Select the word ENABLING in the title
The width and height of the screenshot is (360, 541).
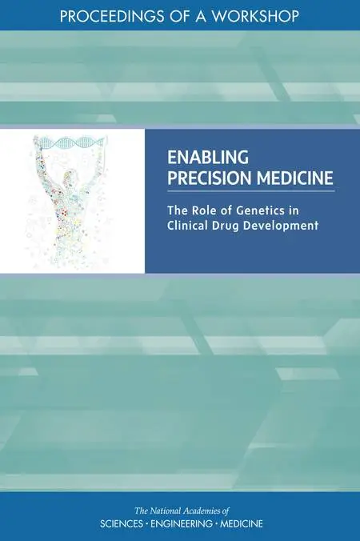point(207,158)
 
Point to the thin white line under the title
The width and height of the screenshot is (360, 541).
point(251,190)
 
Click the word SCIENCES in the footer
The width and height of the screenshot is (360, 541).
point(122,523)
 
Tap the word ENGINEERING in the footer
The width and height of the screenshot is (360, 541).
point(182,523)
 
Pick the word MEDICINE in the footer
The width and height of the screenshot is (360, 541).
point(242,523)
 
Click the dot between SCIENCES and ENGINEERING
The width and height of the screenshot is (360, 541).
point(147,524)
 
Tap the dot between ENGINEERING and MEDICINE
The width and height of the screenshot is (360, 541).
point(216,524)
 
